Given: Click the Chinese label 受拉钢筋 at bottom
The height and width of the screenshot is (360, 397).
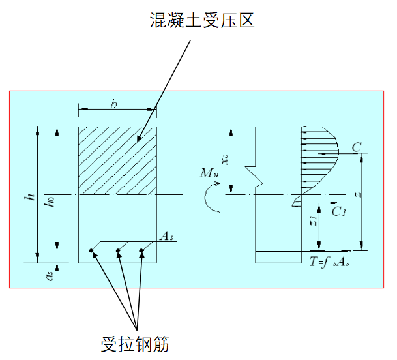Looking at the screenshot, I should coord(136,344).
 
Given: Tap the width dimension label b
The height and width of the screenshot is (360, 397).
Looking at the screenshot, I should coord(114,104).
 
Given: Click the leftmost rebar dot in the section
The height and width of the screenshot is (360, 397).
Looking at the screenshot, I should coord(91,250).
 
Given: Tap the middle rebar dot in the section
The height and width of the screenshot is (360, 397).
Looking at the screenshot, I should coord(117,250).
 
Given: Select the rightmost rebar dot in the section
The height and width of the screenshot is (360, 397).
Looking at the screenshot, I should coord(141,250).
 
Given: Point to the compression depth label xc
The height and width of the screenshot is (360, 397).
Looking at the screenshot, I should coord(225,159).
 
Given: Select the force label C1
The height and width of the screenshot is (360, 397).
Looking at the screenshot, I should coord(338,211).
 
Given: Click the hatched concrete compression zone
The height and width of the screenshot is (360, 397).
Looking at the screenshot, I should coord(117,160).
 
